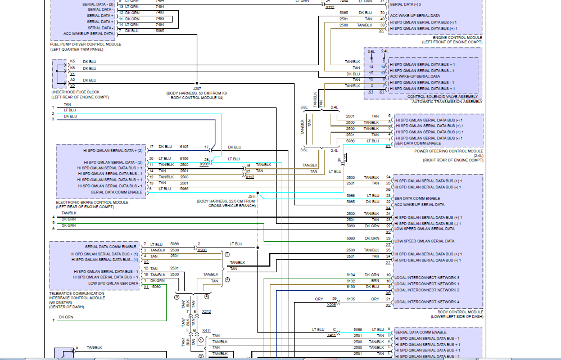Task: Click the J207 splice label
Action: click(197, 88)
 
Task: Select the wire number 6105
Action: click(184, 147)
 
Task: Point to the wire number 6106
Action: click(184, 159)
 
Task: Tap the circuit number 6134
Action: click(351, 275)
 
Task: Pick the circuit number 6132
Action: click(351, 281)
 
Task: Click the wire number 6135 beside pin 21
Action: click(351, 299)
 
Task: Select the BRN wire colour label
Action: click(375, 281)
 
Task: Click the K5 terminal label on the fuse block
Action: click(73, 61)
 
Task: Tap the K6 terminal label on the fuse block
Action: click(73, 68)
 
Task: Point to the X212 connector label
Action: click(206, 311)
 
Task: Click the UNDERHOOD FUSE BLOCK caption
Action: click(75, 92)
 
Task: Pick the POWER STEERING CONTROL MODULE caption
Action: click(449, 151)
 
